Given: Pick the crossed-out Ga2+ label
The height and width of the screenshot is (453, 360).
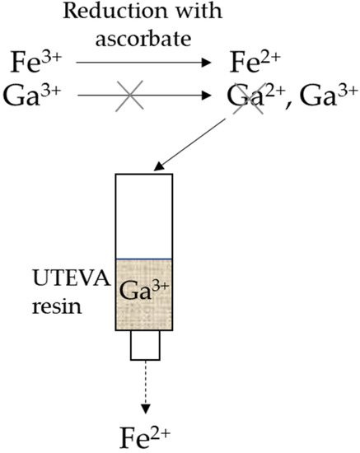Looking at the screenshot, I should click(x=253, y=98).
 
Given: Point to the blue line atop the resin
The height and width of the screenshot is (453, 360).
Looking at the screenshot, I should click(x=144, y=259).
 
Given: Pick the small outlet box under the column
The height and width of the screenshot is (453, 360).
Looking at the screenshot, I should click(x=144, y=347).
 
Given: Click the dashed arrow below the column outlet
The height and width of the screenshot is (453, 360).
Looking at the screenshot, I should click(x=144, y=387).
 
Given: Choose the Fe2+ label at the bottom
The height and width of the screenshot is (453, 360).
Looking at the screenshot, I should click(x=145, y=432).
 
